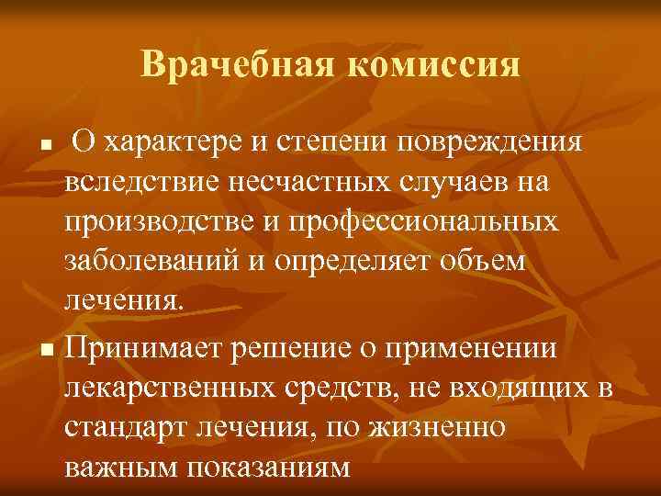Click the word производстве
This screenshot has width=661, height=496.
click(x=169, y=221)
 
